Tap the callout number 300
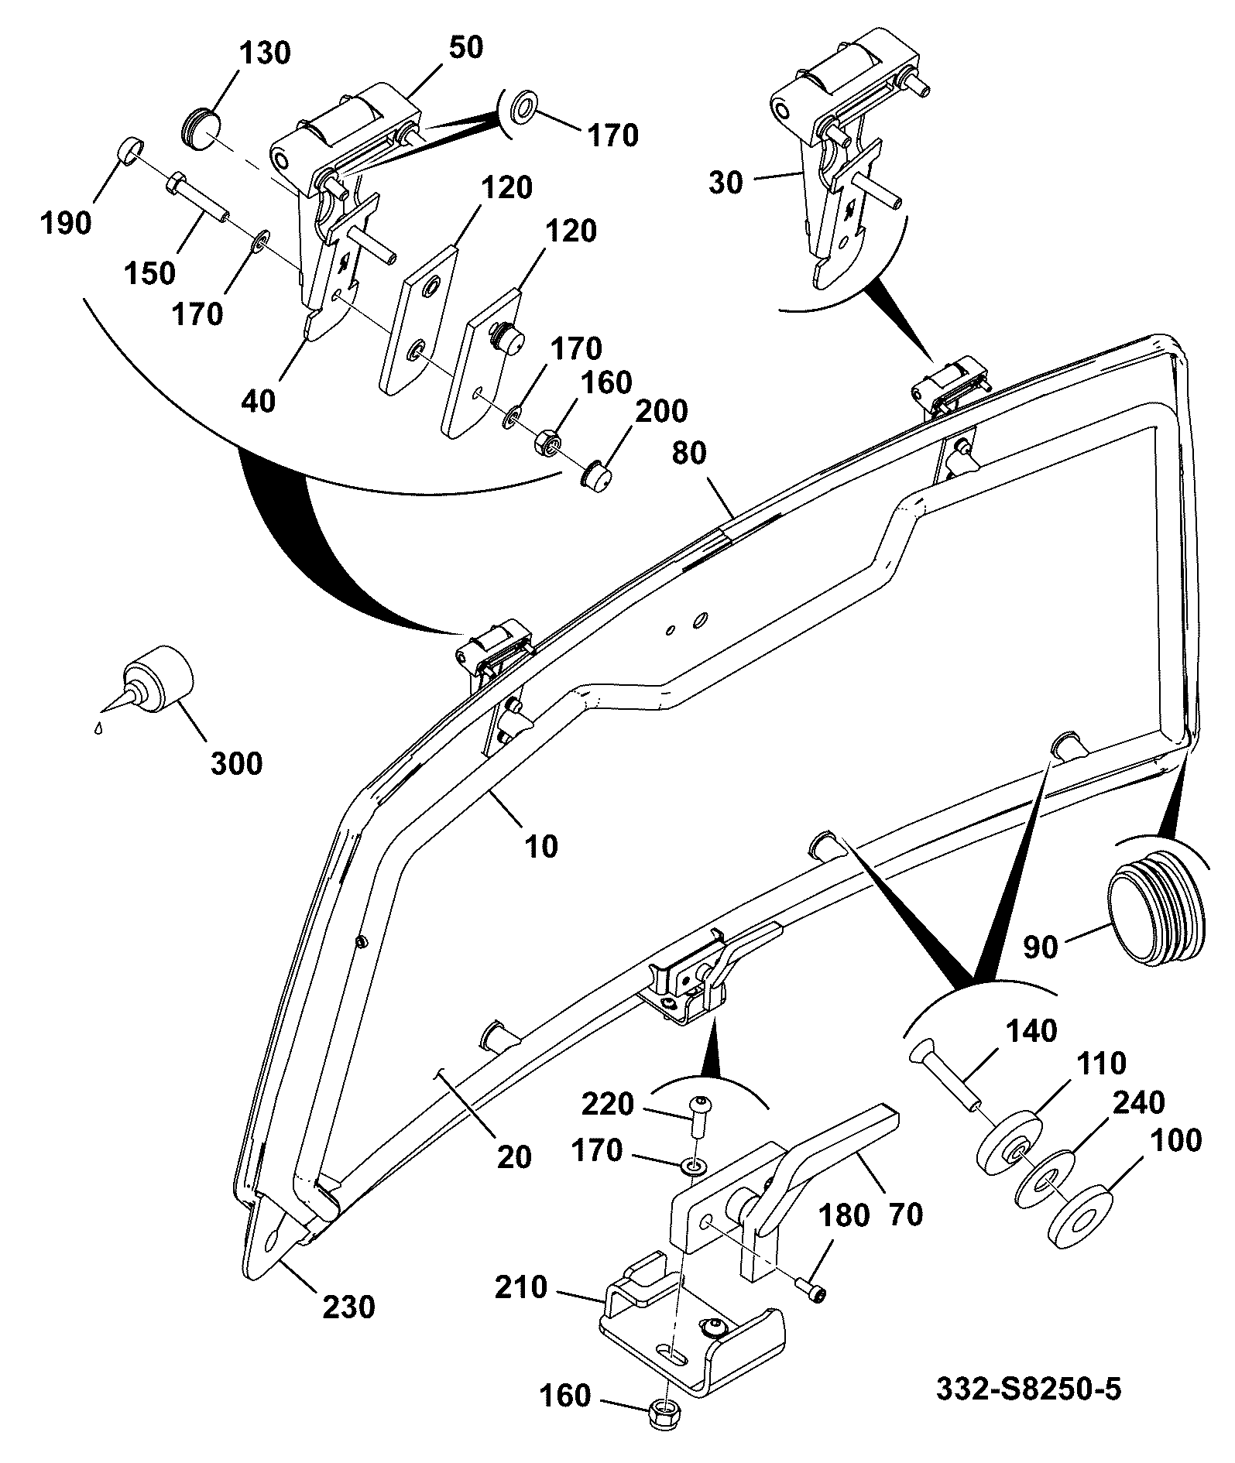(236, 763)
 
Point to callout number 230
(348, 1308)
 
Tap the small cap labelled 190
(130, 149)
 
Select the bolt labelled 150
(197, 197)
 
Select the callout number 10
(541, 846)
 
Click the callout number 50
(465, 47)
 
